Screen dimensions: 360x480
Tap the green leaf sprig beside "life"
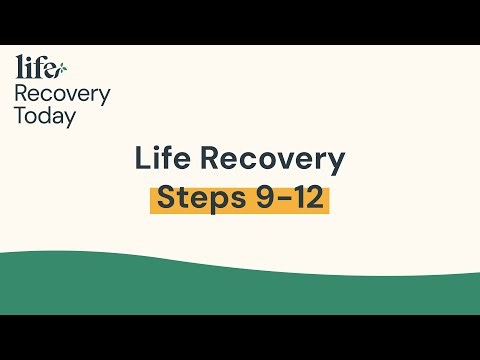click(x=62, y=69)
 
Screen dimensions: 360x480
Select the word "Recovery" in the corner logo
click(x=62, y=94)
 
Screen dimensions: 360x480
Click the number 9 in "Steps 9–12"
click(x=257, y=198)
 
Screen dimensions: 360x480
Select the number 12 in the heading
click(x=305, y=198)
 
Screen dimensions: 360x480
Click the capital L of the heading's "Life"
click(x=142, y=160)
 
